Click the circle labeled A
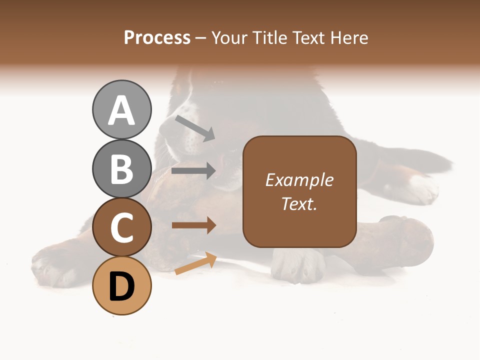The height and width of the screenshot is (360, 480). pos(121,109)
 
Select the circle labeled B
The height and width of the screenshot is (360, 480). pos(121,168)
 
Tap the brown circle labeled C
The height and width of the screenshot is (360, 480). pos(121,227)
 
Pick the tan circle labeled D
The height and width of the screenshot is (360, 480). pos(121,286)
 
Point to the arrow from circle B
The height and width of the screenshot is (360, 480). pos(193,171)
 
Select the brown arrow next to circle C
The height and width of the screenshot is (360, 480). pos(193,225)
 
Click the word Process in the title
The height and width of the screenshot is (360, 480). pos(157,37)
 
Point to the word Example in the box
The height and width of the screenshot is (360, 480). pos(299,180)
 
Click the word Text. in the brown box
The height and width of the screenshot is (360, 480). pos(299,203)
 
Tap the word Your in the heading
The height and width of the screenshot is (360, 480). pos(229,38)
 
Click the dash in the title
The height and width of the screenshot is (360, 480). pos(201,38)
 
